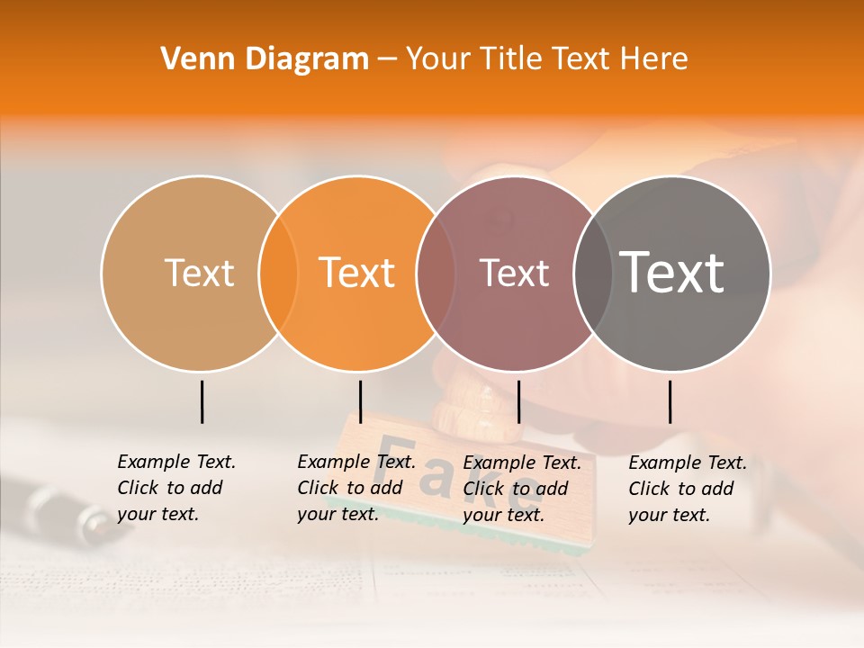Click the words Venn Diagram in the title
[x=265, y=59]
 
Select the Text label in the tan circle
[x=199, y=274]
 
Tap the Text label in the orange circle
[x=356, y=274]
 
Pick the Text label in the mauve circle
[x=514, y=274]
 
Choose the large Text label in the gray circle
[x=671, y=274]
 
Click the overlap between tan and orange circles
[x=278, y=274]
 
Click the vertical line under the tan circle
[x=202, y=401]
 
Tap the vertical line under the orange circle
[x=360, y=401]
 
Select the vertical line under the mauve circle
[x=518, y=401]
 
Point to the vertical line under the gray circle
[x=670, y=401]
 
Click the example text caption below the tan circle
[x=175, y=488]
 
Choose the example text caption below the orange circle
[x=355, y=488]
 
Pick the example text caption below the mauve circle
[x=521, y=489]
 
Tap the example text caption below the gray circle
[x=687, y=489]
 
